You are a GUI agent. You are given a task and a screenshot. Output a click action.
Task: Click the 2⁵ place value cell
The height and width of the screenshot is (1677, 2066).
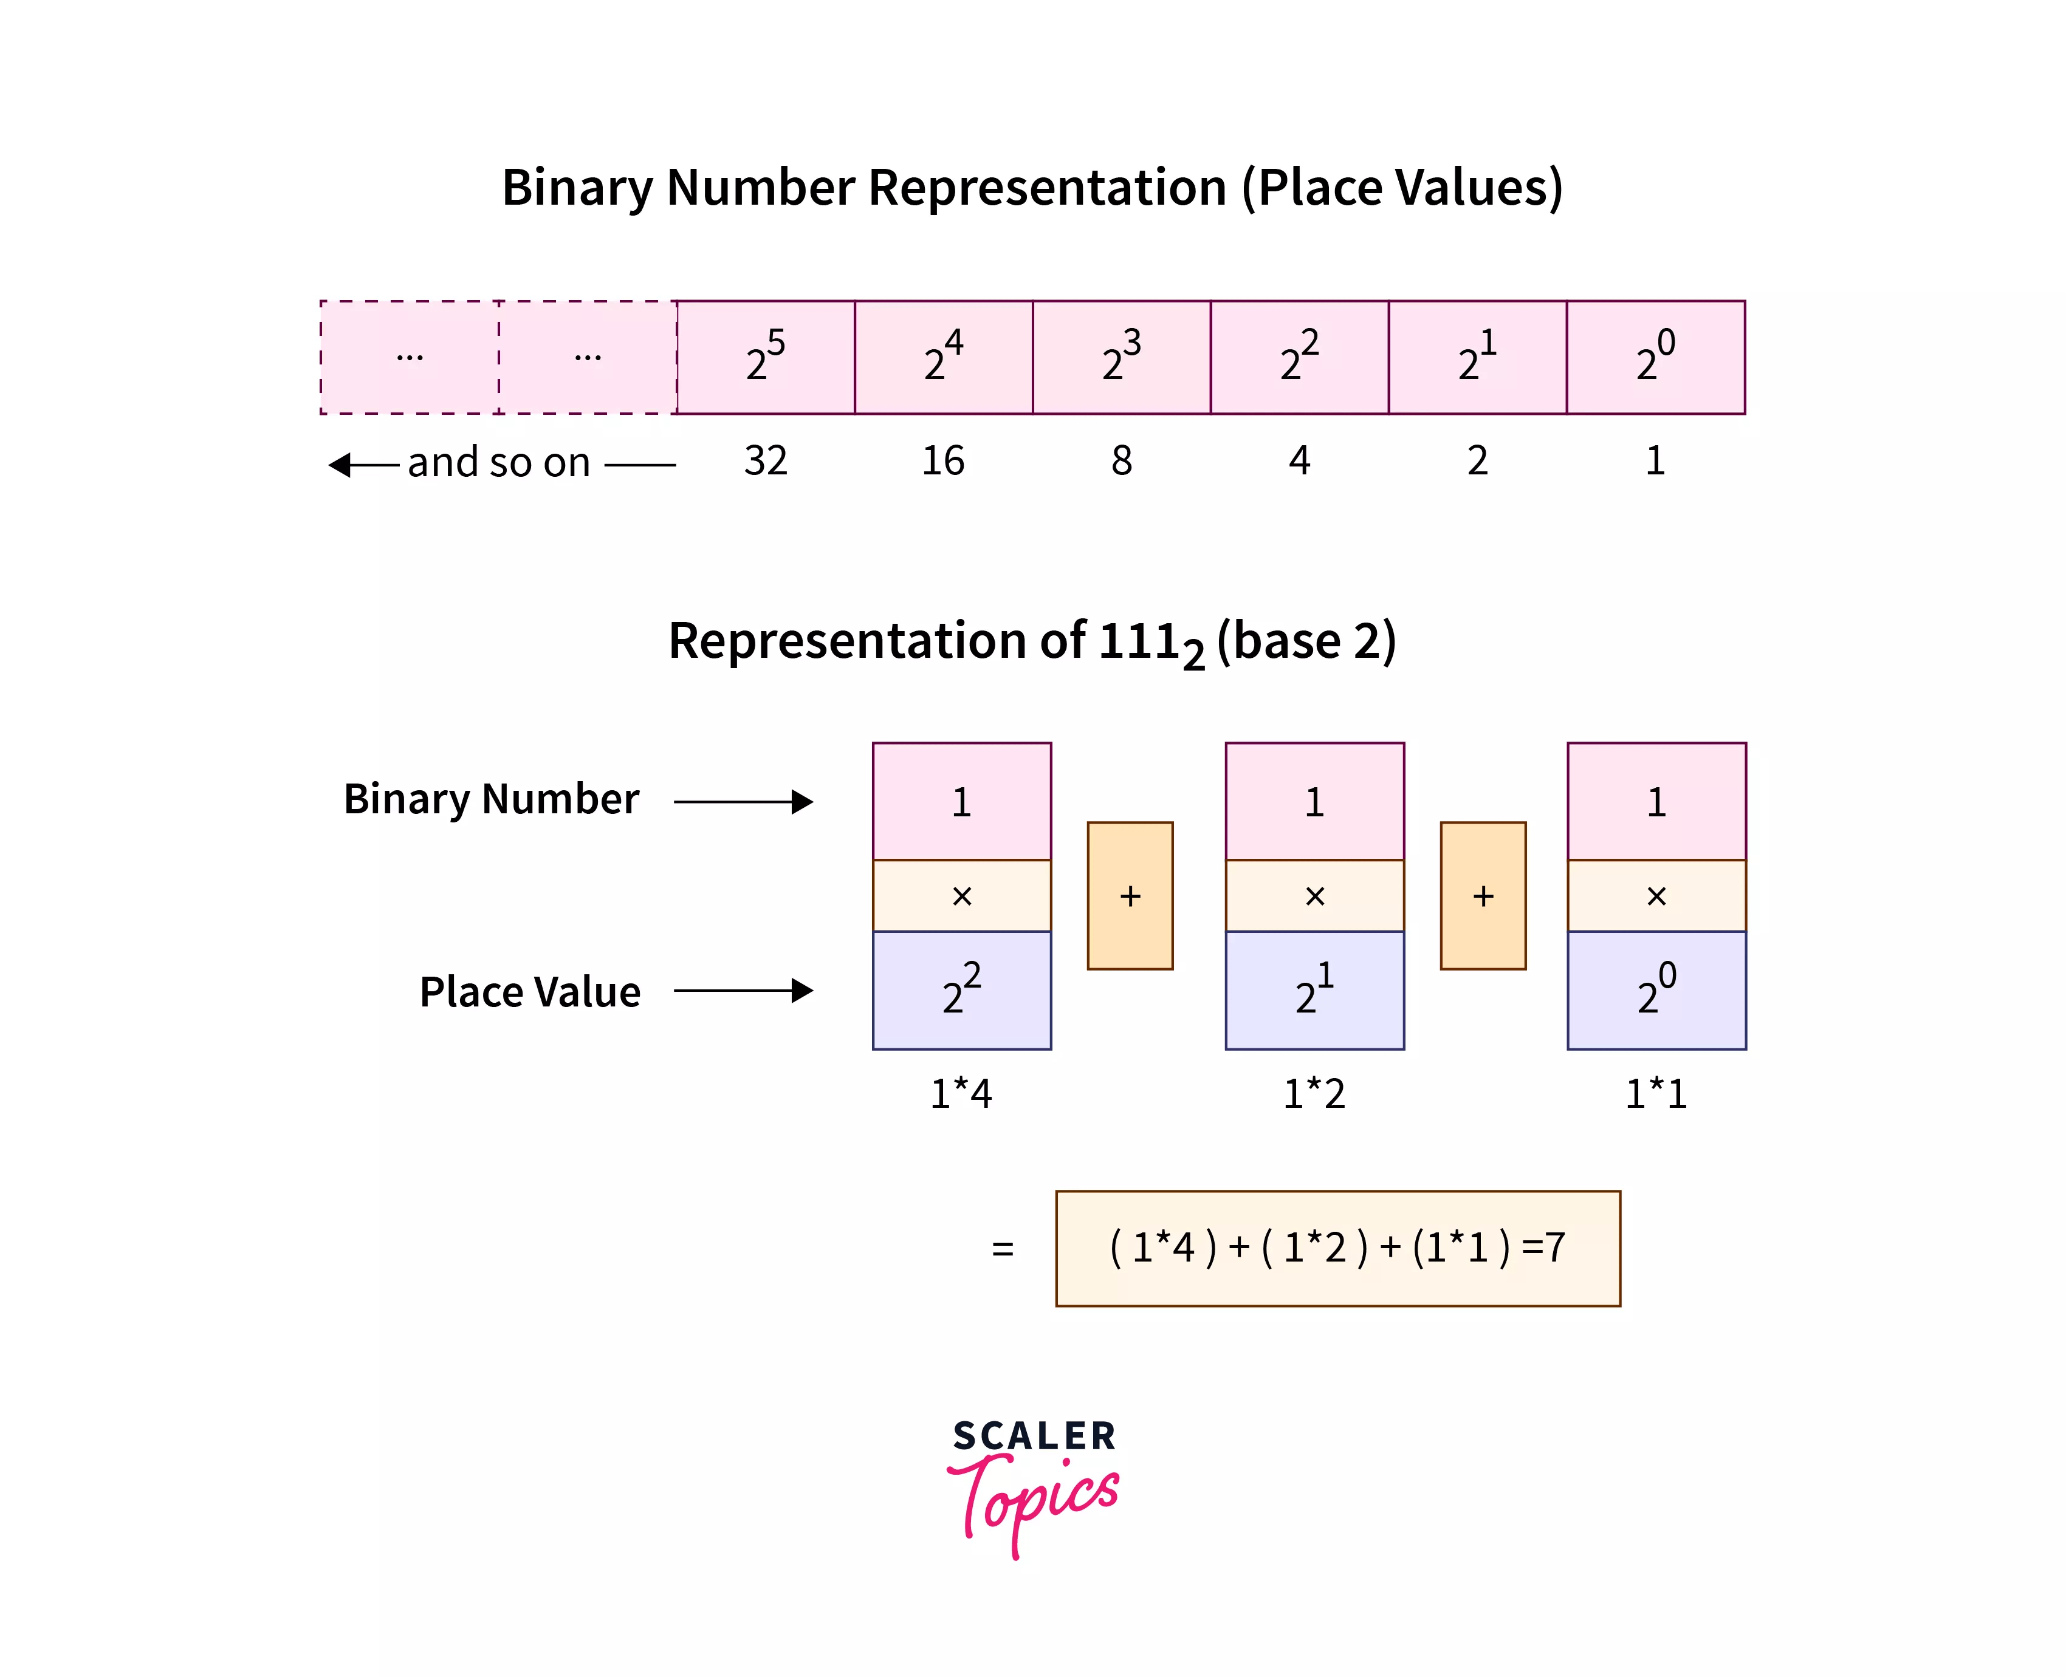[x=765, y=357]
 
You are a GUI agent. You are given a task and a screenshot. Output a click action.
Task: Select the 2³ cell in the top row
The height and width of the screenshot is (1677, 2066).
[x=1121, y=357]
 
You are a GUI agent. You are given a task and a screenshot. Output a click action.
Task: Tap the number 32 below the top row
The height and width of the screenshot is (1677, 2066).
[x=765, y=461]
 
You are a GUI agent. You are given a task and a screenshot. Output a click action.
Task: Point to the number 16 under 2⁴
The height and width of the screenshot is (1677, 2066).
[x=943, y=461]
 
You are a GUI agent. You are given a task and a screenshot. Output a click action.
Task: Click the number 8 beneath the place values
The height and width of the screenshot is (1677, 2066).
[x=1121, y=461]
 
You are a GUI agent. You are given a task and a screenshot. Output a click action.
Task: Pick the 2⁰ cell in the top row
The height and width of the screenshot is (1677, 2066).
[x=1655, y=357]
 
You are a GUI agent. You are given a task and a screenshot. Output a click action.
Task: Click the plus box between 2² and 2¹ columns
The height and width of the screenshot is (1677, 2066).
[x=1130, y=895]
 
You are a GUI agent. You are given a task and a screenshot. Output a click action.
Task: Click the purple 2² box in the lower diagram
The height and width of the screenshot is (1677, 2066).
[x=961, y=990]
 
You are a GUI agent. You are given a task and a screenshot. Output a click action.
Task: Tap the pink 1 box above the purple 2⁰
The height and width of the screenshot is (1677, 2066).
[x=1656, y=802]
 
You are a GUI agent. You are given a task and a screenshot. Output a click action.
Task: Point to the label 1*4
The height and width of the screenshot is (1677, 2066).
[x=961, y=1093]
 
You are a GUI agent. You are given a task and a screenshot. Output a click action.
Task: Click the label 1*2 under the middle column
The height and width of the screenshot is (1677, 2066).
[x=1314, y=1093]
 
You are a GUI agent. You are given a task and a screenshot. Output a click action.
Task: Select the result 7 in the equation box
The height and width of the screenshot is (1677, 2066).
[x=1555, y=1247]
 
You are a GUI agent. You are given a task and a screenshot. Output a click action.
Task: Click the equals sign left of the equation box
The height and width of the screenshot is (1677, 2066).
[x=1003, y=1249]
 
